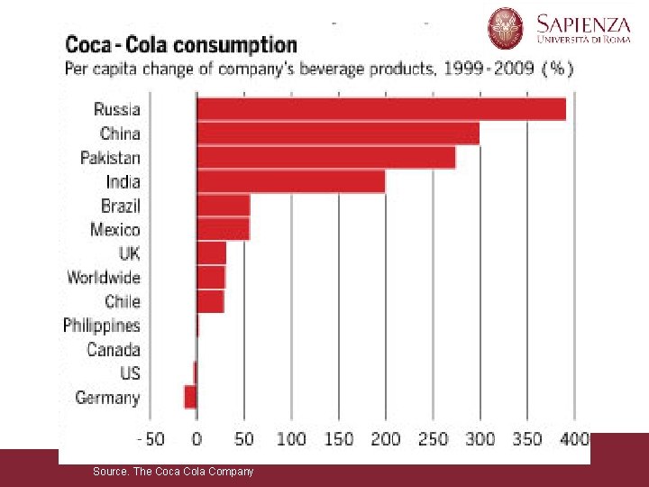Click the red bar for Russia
[380, 109]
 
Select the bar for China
[337, 133]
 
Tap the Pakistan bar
[325, 158]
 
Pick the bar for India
[290, 181]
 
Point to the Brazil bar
[223, 206]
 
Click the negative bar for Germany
[190, 397]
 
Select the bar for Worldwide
[211, 277]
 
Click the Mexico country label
[115, 230]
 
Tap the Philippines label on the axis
[102, 326]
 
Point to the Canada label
[114, 349]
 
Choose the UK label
[129, 253]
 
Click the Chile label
[123, 301]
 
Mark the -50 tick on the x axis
[151, 440]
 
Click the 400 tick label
[575, 440]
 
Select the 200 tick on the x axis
[386, 440]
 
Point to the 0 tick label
[197, 440]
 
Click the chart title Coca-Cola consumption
[180, 44]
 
